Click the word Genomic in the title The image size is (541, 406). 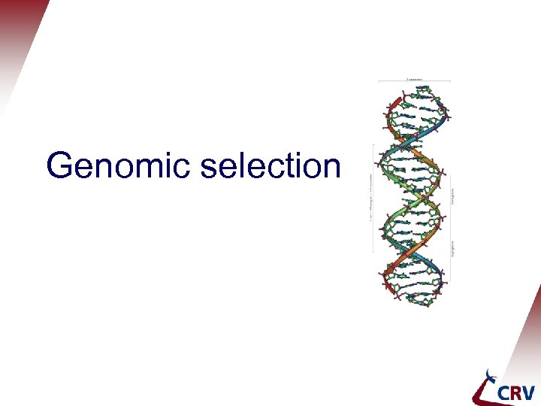click(119, 166)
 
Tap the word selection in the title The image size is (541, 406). click(270, 165)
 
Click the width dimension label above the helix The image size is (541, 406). click(414, 78)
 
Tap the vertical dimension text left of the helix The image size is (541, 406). click(371, 199)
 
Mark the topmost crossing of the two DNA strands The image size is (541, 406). click(414, 139)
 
